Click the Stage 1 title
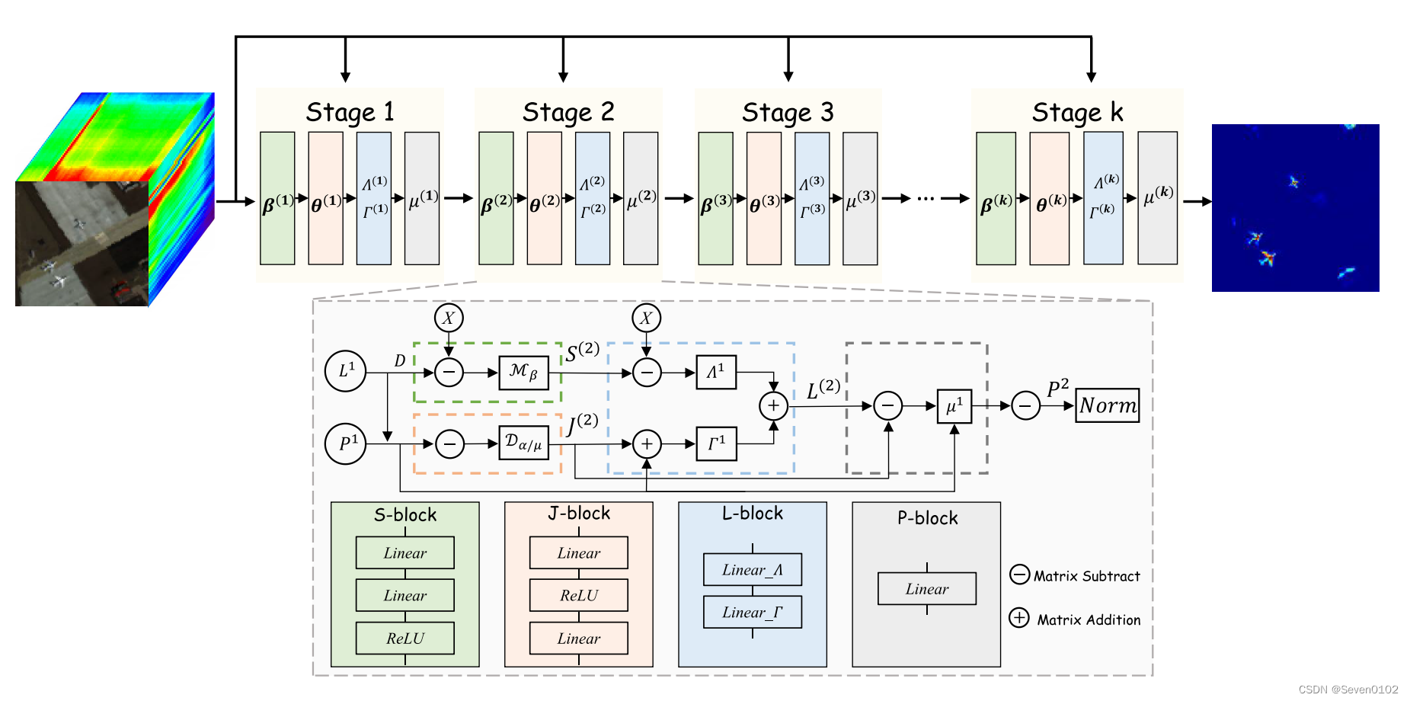point(350,112)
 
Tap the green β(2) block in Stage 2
point(496,199)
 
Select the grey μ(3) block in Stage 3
point(860,199)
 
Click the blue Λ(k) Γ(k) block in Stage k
point(1103,198)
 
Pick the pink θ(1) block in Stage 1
point(325,199)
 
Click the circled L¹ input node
point(346,371)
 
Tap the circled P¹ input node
point(346,443)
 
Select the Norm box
point(1108,405)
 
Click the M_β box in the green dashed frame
point(523,373)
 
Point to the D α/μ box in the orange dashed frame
point(523,443)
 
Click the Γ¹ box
point(716,443)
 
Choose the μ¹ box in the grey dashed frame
point(954,406)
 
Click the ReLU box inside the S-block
point(404,639)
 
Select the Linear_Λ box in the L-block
point(752,570)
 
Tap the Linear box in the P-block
point(926,589)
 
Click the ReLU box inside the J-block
point(578,596)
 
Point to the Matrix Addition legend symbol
point(1019,618)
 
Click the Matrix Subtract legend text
point(1086,577)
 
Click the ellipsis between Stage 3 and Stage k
point(926,199)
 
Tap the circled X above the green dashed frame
point(449,318)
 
